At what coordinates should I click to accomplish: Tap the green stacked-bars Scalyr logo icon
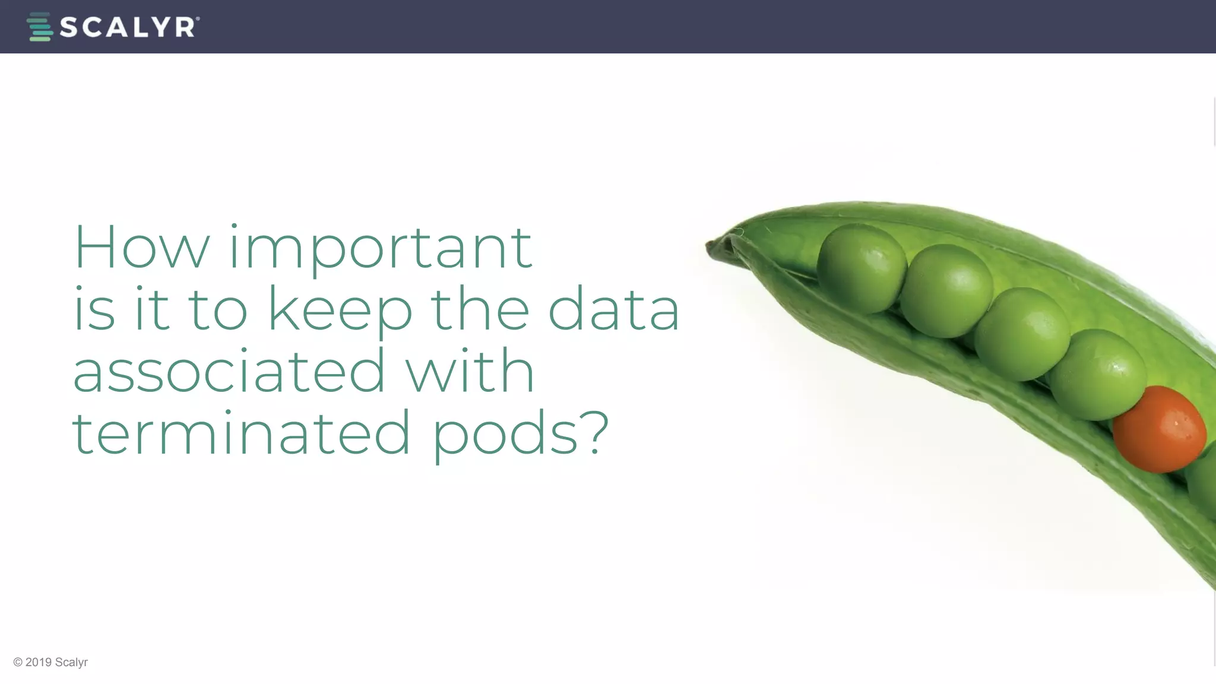click(x=40, y=27)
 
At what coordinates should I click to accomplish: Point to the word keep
click(x=340, y=310)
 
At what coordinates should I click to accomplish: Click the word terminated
click(x=240, y=433)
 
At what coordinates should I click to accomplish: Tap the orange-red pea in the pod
click(x=1158, y=429)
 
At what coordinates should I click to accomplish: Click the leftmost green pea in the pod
click(x=861, y=268)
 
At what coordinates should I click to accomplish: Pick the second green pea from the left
click(x=946, y=290)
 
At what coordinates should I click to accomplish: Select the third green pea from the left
click(x=1022, y=334)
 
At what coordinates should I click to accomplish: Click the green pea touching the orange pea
click(x=1098, y=374)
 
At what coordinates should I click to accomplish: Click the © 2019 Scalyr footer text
click(x=50, y=662)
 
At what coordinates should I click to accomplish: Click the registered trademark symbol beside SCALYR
click(x=198, y=19)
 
